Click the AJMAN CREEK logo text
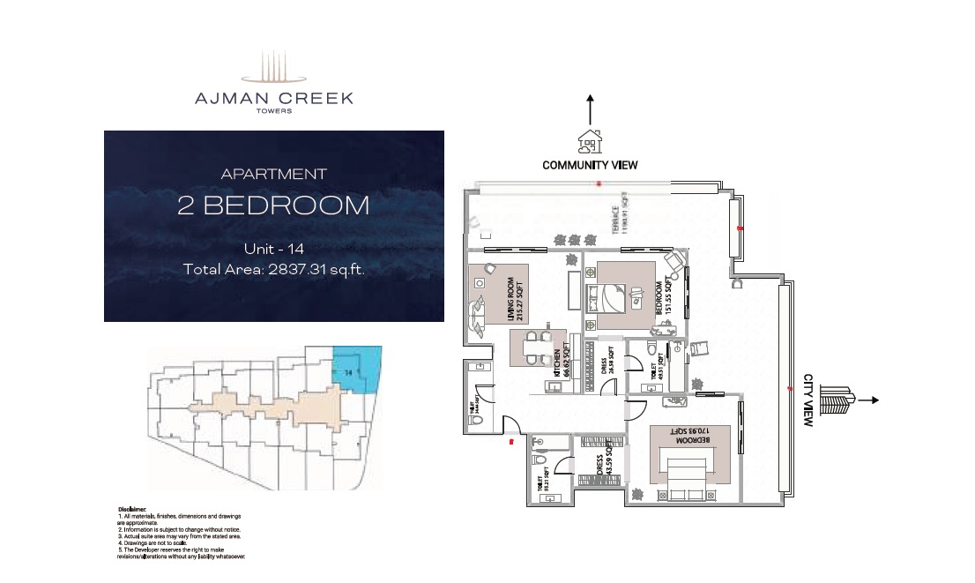(273, 98)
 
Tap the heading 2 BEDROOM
(273, 206)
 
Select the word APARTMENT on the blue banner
(273, 175)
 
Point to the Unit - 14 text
(273, 250)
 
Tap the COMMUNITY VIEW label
(590, 165)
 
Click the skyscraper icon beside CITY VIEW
(838, 400)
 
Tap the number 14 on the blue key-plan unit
(349, 374)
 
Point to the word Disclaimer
(132, 510)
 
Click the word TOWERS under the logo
(273, 111)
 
